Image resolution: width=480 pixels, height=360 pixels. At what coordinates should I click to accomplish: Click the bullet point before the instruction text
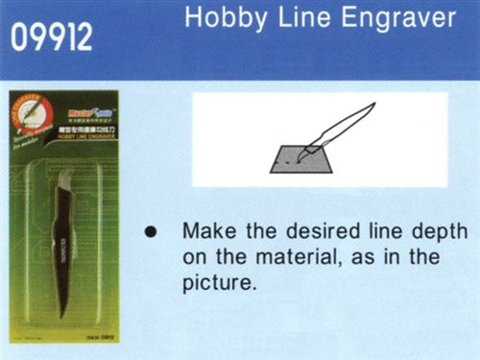[150, 233]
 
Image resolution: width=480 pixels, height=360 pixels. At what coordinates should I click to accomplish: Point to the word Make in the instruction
[208, 233]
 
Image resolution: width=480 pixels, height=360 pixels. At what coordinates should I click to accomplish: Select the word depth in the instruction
[441, 233]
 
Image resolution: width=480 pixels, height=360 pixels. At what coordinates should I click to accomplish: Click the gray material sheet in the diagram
[298, 159]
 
